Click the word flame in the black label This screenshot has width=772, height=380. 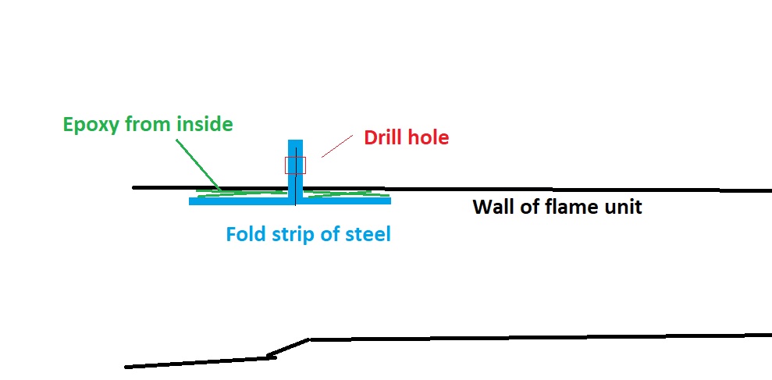click(567, 208)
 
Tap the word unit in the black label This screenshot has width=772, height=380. click(623, 208)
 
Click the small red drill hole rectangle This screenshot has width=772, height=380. click(295, 165)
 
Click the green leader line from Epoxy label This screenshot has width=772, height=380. click(199, 164)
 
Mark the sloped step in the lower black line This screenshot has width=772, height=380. click(289, 347)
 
